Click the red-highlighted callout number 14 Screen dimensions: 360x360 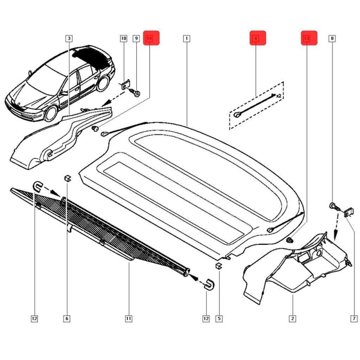pyautogui.click(x=151, y=38)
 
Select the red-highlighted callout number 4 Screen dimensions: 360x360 pyautogui.click(x=258, y=38)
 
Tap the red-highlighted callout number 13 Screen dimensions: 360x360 pyautogui.click(x=309, y=38)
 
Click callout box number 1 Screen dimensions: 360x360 pyautogui.click(x=187, y=38)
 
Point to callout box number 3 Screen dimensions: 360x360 pyautogui.click(x=69, y=38)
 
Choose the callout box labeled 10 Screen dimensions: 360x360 pyautogui.click(x=123, y=38)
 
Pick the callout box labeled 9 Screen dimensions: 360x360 pyautogui.click(x=136, y=38)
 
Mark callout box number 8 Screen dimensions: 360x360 pyautogui.click(x=332, y=38)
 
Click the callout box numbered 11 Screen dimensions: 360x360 pyautogui.click(x=128, y=319)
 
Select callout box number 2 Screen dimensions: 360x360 pyautogui.click(x=292, y=319)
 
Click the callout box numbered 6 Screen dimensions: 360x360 pyautogui.click(x=67, y=319)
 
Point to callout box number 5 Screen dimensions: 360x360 pyautogui.click(x=219, y=319)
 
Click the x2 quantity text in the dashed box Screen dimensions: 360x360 pyautogui.click(x=279, y=95)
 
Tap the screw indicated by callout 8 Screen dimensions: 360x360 pyautogui.click(x=333, y=206)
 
